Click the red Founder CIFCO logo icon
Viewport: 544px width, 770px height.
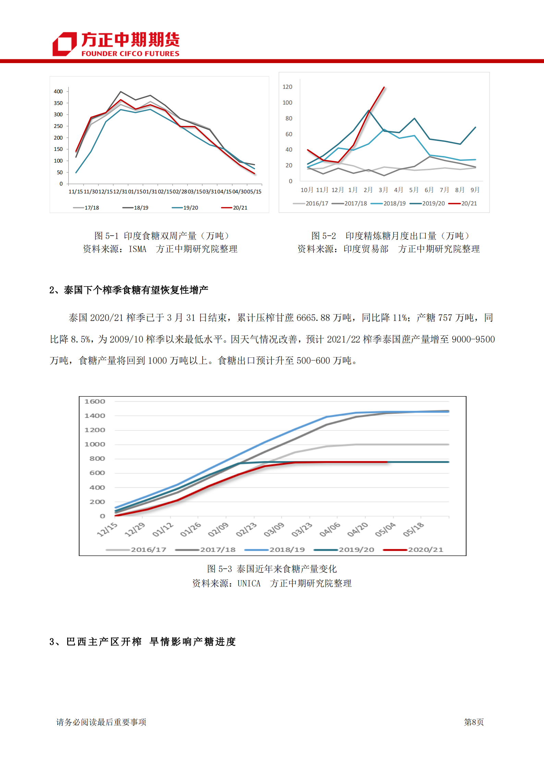(x=64, y=44)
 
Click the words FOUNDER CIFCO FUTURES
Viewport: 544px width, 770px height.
(x=130, y=54)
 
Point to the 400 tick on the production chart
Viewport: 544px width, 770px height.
(x=58, y=92)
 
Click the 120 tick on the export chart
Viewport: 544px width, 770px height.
(x=287, y=87)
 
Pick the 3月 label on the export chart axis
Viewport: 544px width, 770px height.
(x=383, y=190)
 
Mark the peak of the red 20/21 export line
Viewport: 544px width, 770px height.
(x=384, y=87)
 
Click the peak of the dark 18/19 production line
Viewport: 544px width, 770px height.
(x=121, y=92)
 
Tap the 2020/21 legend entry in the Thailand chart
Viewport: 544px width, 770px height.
(x=413, y=549)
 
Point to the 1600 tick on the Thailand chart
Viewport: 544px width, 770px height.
(x=95, y=401)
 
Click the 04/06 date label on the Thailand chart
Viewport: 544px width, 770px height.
(x=330, y=530)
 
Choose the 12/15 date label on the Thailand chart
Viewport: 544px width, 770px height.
(x=107, y=530)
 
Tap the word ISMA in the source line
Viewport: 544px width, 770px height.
(x=137, y=249)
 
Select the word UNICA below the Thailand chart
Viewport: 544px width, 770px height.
(x=249, y=583)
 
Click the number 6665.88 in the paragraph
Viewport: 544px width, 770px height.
(x=313, y=318)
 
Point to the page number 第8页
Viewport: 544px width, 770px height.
(x=474, y=722)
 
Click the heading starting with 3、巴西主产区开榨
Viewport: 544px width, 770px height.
(x=143, y=642)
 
